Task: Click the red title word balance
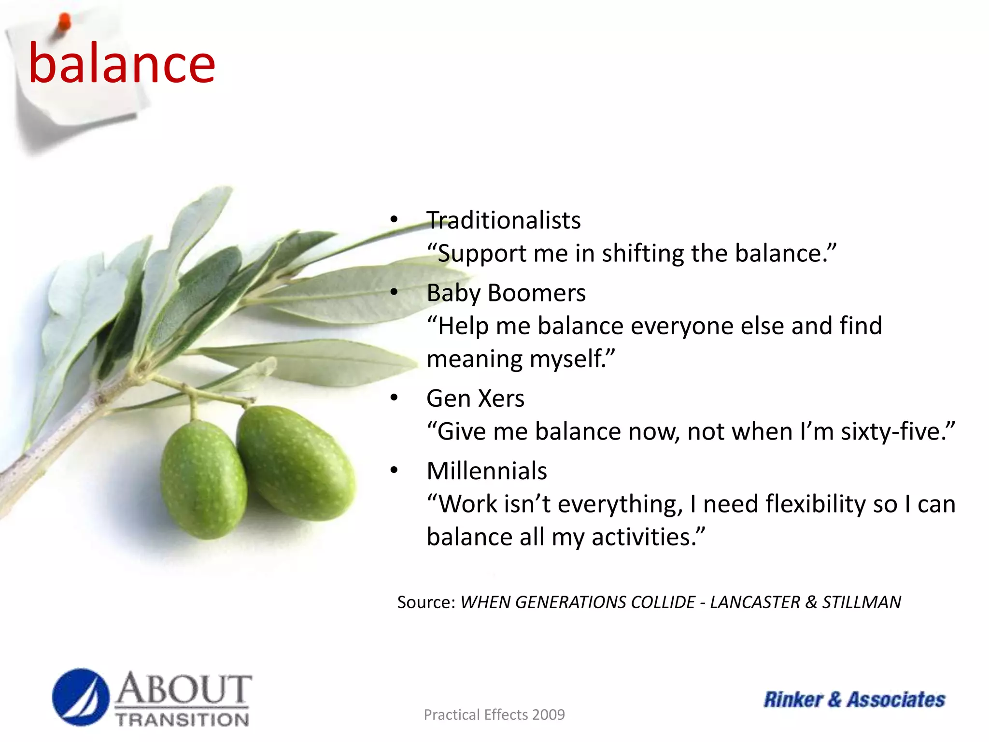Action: click(x=122, y=64)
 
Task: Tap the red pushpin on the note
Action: click(x=64, y=22)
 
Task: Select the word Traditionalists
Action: click(x=503, y=220)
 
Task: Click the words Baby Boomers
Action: click(x=506, y=293)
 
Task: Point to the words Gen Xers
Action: click(x=475, y=399)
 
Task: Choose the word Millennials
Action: click(x=486, y=471)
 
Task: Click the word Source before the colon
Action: click(x=423, y=602)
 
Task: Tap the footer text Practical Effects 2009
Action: click(x=494, y=714)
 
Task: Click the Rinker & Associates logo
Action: click(x=854, y=699)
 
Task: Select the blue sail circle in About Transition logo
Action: click(x=81, y=697)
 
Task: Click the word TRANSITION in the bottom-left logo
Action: click(x=183, y=719)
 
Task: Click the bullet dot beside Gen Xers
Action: click(x=394, y=398)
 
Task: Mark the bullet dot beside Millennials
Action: click(x=394, y=470)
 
